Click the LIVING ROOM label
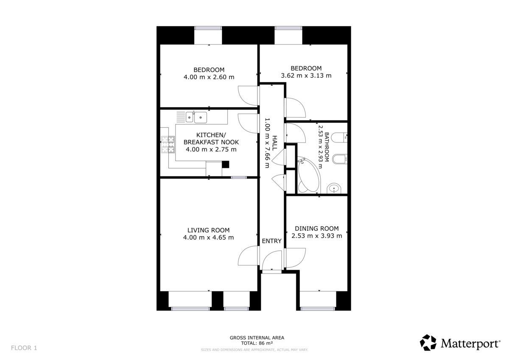point(208,230)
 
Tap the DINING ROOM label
point(316,229)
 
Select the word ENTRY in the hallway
point(271,241)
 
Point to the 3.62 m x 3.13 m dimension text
point(306,75)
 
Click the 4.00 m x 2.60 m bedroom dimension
point(209,77)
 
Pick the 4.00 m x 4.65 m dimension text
point(208,237)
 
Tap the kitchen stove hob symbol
point(168,145)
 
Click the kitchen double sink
point(196,117)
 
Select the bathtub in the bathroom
point(308,174)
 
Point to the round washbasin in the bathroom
point(334,189)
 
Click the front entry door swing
point(272,260)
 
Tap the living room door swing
point(249,256)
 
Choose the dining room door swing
point(295,258)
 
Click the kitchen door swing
point(249,123)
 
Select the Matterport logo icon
point(428,342)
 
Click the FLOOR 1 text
point(24,348)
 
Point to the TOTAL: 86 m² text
point(257,343)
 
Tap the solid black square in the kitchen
point(225,164)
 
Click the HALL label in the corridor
point(275,143)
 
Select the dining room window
point(317,309)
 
